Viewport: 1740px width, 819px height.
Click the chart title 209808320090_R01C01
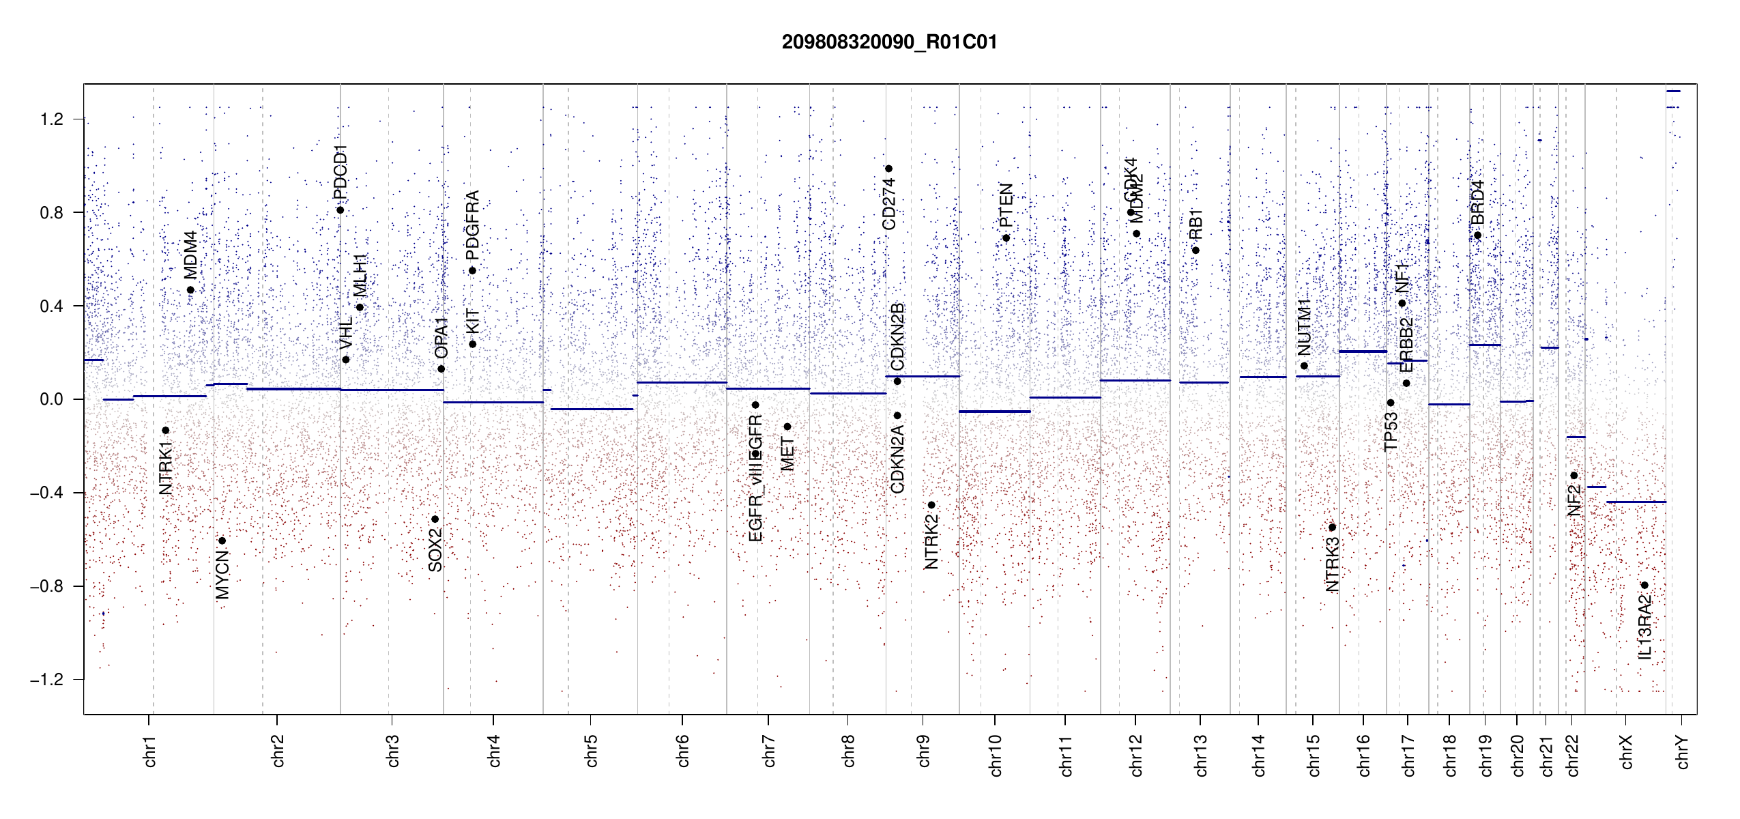coord(889,42)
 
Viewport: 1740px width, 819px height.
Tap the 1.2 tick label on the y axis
coord(51,119)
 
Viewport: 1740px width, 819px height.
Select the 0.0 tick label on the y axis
coord(51,399)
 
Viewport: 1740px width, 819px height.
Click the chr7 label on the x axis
coord(769,751)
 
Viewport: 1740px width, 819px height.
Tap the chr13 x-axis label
coord(1200,755)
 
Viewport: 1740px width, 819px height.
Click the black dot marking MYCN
coord(222,541)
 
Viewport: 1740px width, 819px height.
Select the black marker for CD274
coord(888,169)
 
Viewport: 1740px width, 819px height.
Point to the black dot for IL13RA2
coord(1644,585)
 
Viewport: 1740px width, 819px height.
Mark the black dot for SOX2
coord(435,519)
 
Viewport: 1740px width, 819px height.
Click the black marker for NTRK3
coord(1332,528)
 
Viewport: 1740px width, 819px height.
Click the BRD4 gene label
coord(1477,202)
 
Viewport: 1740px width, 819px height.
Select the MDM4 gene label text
coord(190,255)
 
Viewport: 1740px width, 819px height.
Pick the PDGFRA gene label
coord(472,225)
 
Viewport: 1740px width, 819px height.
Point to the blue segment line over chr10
coord(994,412)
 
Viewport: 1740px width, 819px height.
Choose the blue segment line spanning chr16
coord(1363,351)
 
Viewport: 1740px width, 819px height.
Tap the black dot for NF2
coord(1574,476)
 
